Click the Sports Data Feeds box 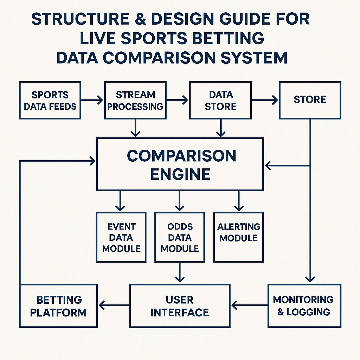tap(50, 100)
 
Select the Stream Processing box tap(135, 100)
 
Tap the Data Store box tap(220, 100)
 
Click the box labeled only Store tap(310, 100)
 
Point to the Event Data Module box tap(121, 237)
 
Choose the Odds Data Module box tap(180, 237)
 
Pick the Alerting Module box tap(239, 237)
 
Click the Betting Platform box tap(58, 306)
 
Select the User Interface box tap(180, 306)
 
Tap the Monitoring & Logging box tap(304, 306)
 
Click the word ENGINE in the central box tap(180, 174)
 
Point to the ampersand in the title tap(141, 19)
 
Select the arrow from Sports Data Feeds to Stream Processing tap(92, 100)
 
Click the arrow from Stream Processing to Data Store tap(177, 100)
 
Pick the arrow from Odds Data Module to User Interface tap(180, 272)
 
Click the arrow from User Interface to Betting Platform tap(114, 306)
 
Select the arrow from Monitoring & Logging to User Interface tap(250, 306)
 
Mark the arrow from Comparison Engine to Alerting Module tap(239, 201)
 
